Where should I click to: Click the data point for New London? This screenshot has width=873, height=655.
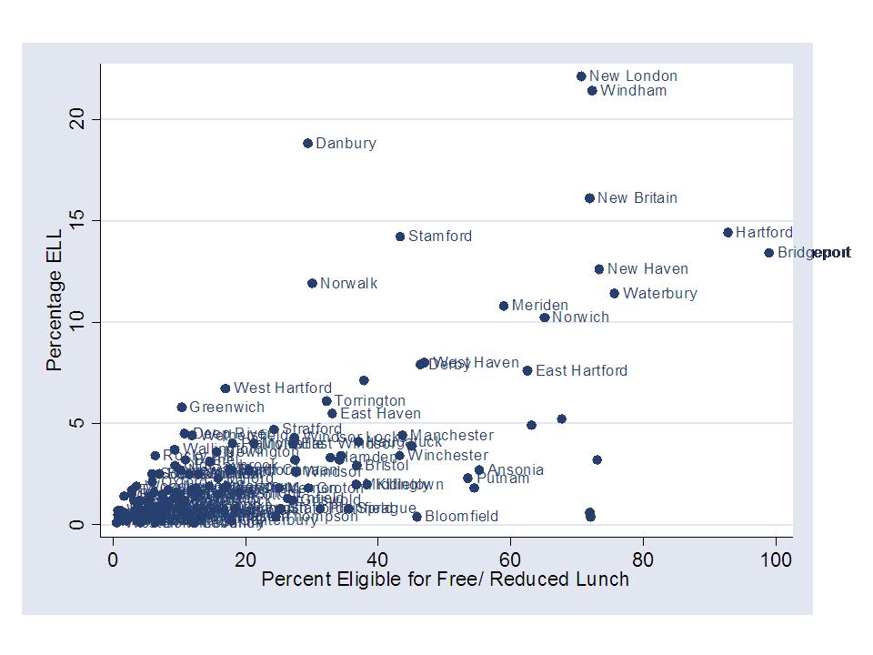(581, 76)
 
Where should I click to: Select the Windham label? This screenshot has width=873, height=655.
(633, 91)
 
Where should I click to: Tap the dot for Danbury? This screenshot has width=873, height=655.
(307, 144)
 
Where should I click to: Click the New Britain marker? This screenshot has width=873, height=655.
(589, 198)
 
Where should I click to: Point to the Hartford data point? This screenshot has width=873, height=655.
(727, 233)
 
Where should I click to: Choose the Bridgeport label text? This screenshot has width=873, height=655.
(814, 253)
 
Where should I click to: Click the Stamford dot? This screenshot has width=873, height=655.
(399, 237)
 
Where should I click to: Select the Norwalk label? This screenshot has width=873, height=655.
(348, 284)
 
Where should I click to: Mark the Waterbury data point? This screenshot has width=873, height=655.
(614, 294)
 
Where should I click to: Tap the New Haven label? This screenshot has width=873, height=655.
(647, 269)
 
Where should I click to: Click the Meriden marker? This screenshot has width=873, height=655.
(504, 306)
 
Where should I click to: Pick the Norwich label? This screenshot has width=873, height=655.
(580, 317)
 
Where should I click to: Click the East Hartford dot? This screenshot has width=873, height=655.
(527, 371)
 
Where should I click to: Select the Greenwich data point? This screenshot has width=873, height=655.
(181, 408)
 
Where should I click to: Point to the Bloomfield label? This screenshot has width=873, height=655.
(461, 517)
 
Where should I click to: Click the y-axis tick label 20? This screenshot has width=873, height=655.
(79, 119)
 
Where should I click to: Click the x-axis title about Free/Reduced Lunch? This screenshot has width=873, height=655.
(445, 579)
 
